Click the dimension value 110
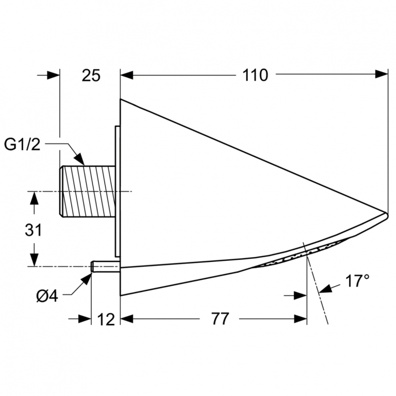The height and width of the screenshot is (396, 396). [x=256, y=76]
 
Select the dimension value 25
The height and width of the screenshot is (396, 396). [x=91, y=76]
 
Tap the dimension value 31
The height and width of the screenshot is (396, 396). [x=33, y=230]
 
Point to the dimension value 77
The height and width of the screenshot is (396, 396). [x=220, y=319]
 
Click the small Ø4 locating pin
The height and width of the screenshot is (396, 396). [x=106, y=267]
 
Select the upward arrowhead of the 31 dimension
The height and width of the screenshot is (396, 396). [x=34, y=198]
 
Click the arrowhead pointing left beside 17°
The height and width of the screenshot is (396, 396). [x=324, y=288]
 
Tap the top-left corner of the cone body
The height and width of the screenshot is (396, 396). [x=121, y=100]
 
